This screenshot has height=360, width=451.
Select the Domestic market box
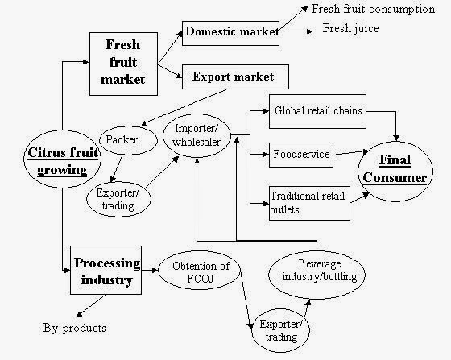pos(231,33)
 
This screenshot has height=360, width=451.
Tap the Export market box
pos(233,78)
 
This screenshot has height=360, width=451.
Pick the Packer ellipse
pos(122,139)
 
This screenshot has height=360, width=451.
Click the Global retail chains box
pos(317,110)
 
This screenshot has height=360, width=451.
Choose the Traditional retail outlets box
pos(308,202)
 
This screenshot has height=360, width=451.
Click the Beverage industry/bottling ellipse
pos(320,271)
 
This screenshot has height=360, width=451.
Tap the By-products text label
pos(74,329)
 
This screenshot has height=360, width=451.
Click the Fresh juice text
pos(350,28)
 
